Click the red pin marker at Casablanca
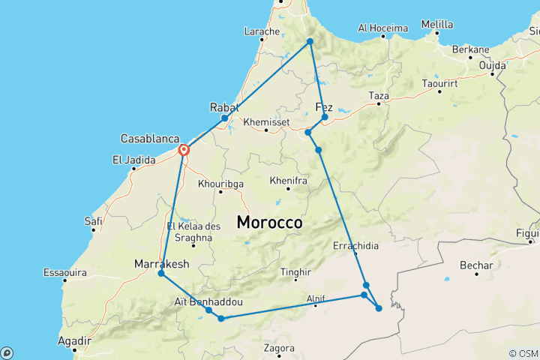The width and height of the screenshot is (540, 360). tap(184, 150)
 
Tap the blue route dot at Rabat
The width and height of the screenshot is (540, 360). tap(224, 118)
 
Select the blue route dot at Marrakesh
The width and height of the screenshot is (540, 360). tap(161, 274)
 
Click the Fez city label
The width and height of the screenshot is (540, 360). tap(325, 106)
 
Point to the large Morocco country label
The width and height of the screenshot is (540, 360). tap(269, 223)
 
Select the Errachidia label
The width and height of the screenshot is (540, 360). tap(356, 245)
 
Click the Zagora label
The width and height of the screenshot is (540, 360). tap(279, 348)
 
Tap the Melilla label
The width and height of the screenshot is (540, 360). tap(437, 24)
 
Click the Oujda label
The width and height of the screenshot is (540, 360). tap(493, 64)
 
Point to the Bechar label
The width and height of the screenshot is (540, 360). tap(478, 265)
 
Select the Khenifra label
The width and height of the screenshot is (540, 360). tap(286, 181)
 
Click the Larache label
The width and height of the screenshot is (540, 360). tap(262, 31)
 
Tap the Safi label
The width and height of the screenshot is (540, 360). tap(93, 220)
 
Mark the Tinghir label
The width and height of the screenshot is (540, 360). tap(295, 272)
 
